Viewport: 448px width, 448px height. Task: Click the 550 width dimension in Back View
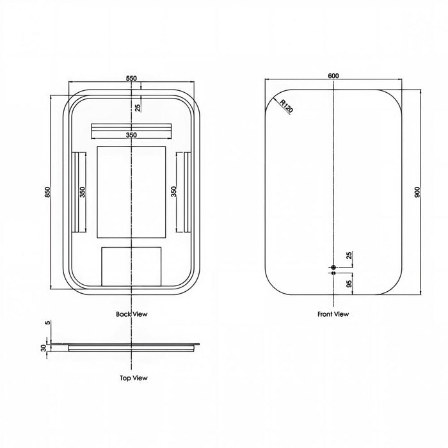tap(131, 78)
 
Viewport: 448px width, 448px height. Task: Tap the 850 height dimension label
tap(47, 192)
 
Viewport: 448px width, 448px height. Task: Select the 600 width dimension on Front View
tap(333, 76)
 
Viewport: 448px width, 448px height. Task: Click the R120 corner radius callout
tap(286, 106)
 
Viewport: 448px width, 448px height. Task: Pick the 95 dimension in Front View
tap(349, 284)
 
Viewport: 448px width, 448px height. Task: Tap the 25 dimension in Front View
tap(349, 255)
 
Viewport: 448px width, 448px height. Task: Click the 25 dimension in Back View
tap(138, 108)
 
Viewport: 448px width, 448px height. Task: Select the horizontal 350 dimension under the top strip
tap(131, 135)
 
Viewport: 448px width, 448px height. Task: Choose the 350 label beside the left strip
tap(83, 192)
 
